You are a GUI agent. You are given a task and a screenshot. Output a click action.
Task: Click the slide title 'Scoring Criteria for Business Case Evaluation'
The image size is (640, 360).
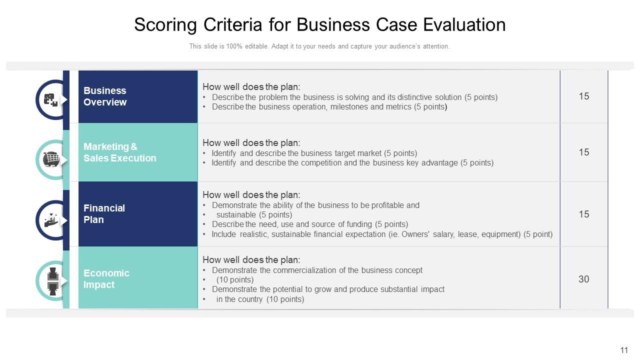319,25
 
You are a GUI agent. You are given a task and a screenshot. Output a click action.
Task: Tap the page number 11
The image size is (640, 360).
623,350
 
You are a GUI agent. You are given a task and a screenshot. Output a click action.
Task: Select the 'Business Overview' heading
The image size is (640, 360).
105,96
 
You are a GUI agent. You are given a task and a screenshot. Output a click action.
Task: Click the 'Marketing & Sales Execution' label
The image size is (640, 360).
119,152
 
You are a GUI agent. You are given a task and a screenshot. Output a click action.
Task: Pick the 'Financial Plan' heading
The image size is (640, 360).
104,214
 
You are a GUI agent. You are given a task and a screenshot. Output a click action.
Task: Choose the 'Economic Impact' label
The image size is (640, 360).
106,279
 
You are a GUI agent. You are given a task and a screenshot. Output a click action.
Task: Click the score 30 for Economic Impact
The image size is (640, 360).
583,279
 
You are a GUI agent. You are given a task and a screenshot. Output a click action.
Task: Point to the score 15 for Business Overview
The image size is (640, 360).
583,96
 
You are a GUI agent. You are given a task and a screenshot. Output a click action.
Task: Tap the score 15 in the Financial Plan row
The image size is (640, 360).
583,214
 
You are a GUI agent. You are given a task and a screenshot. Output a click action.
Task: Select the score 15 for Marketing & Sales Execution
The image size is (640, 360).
583,152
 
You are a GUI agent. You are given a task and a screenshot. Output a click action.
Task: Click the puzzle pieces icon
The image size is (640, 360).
50,100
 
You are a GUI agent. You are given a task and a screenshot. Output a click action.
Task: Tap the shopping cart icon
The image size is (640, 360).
51,159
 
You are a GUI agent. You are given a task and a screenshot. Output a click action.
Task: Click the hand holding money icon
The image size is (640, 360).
51,220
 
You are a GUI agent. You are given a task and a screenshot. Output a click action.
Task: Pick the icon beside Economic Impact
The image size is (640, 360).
52,280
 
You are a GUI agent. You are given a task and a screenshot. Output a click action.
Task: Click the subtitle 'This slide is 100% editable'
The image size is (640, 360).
319,46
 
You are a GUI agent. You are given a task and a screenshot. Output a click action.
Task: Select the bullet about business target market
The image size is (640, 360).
314,153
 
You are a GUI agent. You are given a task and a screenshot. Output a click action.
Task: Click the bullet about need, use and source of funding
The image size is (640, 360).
309,224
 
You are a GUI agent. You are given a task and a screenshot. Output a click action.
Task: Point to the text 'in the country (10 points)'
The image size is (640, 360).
260,299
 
